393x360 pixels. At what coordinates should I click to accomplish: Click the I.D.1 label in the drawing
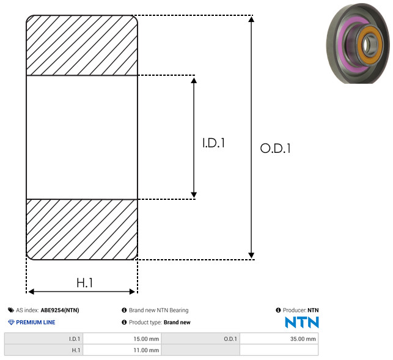(213, 143)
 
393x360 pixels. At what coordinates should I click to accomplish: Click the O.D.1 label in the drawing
(276, 148)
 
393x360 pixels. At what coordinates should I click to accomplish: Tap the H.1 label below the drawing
(85, 283)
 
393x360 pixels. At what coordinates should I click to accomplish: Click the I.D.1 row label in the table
(75, 339)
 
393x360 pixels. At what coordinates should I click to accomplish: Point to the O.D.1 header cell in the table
(230, 339)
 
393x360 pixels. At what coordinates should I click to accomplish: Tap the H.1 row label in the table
(76, 350)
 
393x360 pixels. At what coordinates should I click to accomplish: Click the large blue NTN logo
(302, 322)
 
